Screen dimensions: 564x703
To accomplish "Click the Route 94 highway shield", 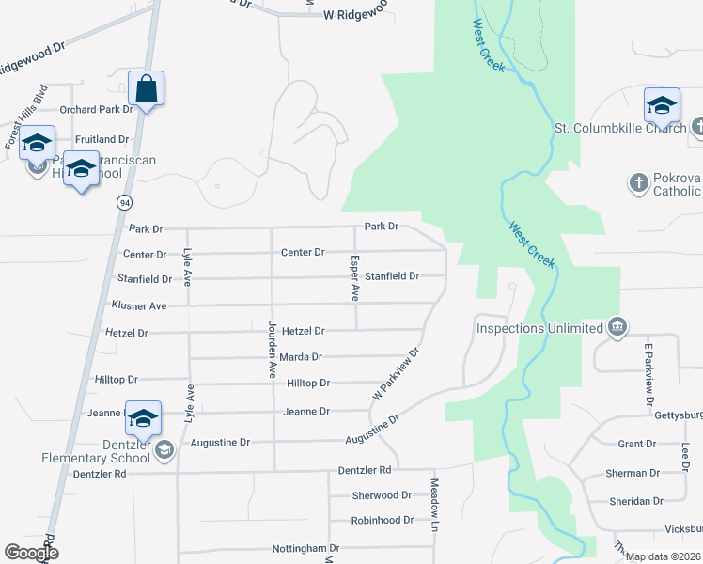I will pos(124,202).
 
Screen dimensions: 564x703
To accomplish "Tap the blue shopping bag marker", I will pos(147,89).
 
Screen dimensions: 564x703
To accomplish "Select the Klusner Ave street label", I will pos(138,305).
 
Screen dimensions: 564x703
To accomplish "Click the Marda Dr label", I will pos(301,357).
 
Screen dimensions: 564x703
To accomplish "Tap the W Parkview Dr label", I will pos(395,375).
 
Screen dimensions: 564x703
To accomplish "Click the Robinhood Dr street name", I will pos(382,520).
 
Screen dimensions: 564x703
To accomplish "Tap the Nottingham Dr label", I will pos(305,548).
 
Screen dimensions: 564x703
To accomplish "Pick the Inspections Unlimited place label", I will pos(539,328).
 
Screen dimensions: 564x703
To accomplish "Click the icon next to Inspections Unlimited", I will pos(617,327).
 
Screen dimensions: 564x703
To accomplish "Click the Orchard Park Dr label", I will pos(97,109).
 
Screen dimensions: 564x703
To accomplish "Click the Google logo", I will pos(31,553).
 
